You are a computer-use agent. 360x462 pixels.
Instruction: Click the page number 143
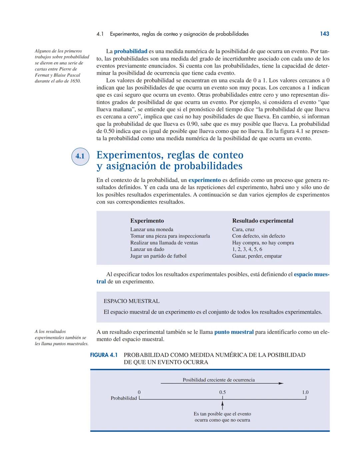coord(324,34)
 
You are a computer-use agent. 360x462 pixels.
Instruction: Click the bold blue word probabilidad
coord(130,51)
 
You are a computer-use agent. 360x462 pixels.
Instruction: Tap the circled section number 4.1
coord(80,156)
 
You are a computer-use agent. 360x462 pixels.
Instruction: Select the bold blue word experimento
coord(204,180)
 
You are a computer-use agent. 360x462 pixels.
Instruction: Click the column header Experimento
coord(147,220)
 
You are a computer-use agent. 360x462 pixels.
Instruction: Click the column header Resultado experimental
coord(263,220)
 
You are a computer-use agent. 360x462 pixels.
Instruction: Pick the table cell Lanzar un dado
coord(147,249)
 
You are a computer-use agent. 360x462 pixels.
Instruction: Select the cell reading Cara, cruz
coord(243,229)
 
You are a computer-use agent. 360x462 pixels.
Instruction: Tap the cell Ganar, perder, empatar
coord(257,256)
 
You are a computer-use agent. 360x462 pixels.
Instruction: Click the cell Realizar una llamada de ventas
coord(164,243)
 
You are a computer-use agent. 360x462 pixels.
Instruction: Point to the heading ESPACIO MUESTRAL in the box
coord(131,301)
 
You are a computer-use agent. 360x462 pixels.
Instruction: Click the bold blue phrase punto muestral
coord(234,332)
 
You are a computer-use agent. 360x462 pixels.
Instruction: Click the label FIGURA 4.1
coord(104,355)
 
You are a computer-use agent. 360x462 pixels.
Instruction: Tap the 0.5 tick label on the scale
coord(222,392)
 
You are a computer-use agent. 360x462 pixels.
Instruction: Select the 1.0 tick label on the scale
coord(305,392)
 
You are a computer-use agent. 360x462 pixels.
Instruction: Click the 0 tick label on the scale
coord(139,392)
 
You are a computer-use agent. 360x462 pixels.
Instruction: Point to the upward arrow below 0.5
coord(222,405)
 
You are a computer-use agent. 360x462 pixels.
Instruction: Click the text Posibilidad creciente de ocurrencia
coord(219,380)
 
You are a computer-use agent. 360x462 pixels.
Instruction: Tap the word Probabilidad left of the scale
coord(124,398)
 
